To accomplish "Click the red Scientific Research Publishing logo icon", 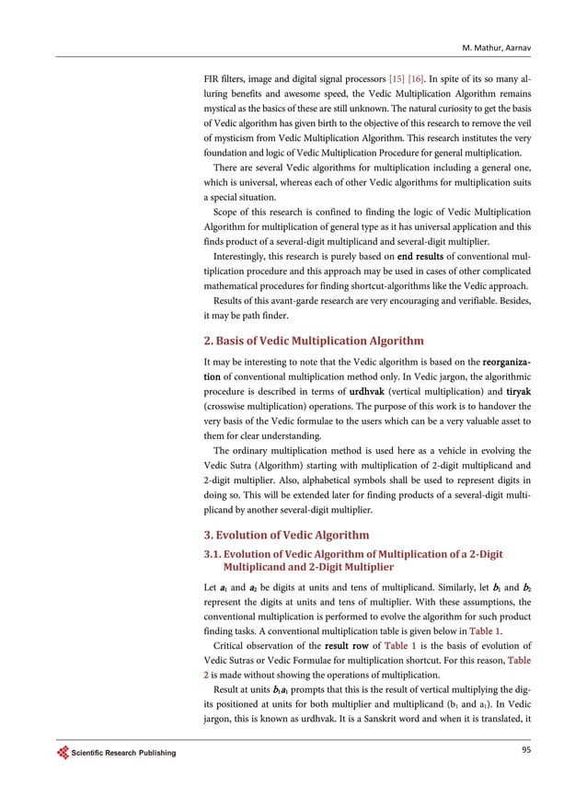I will [63, 754].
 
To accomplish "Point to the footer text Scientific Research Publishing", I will [121, 755].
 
